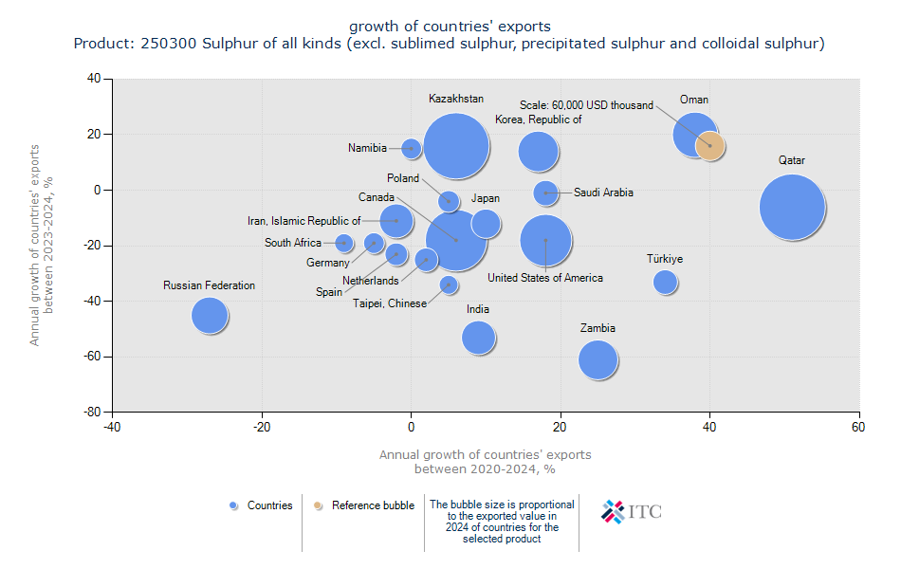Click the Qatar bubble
click(x=792, y=208)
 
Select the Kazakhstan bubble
click(x=456, y=147)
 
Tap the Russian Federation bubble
click(x=210, y=315)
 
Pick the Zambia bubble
click(x=598, y=359)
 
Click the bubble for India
click(x=479, y=337)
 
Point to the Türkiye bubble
click(x=665, y=282)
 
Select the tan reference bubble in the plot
click(x=709, y=145)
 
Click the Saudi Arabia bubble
click(x=545, y=193)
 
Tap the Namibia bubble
click(x=411, y=148)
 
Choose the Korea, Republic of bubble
click(x=538, y=151)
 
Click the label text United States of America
click(x=545, y=278)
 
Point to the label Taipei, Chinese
click(x=390, y=303)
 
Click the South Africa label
click(x=293, y=243)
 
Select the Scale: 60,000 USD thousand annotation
click(x=586, y=105)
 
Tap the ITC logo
click(x=632, y=511)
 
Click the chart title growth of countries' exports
click(x=450, y=26)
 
